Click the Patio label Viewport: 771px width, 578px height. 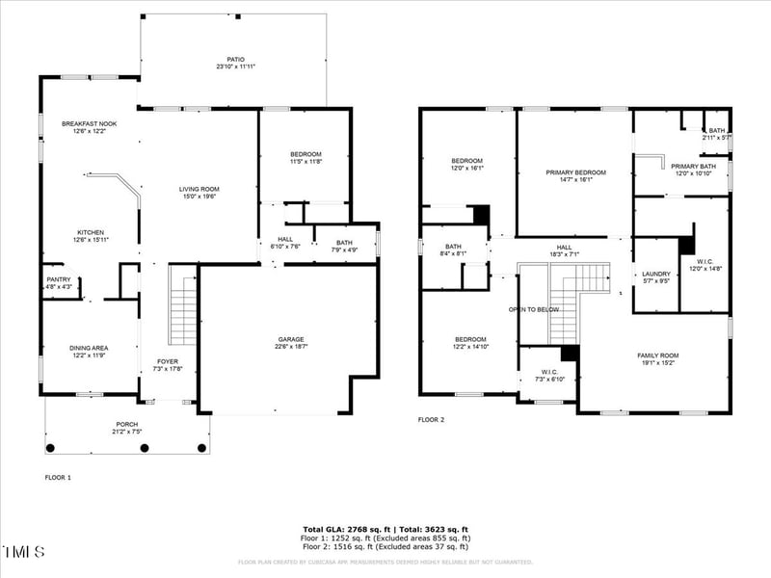[235, 60]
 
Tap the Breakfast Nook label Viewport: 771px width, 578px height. [89, 124]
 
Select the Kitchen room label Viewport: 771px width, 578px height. [91, 232]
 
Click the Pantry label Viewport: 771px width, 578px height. [58, 279]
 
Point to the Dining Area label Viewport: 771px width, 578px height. [89, 348]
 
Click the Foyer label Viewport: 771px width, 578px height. [168, 362]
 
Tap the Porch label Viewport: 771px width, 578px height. [126, 424]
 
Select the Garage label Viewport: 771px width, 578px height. [291, 339]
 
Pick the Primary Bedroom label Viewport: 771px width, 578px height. [575, 172]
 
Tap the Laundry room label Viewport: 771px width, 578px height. [655, 275]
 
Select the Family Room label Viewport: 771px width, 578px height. [658, 355]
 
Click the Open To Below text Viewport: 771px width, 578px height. [534, 309]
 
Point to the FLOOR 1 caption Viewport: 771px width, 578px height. [58, 477]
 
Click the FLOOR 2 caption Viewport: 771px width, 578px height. [431, 420]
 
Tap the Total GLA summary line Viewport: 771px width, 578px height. [385, 529]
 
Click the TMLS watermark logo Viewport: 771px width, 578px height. [23, 552]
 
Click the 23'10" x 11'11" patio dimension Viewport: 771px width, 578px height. [235, 67]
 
